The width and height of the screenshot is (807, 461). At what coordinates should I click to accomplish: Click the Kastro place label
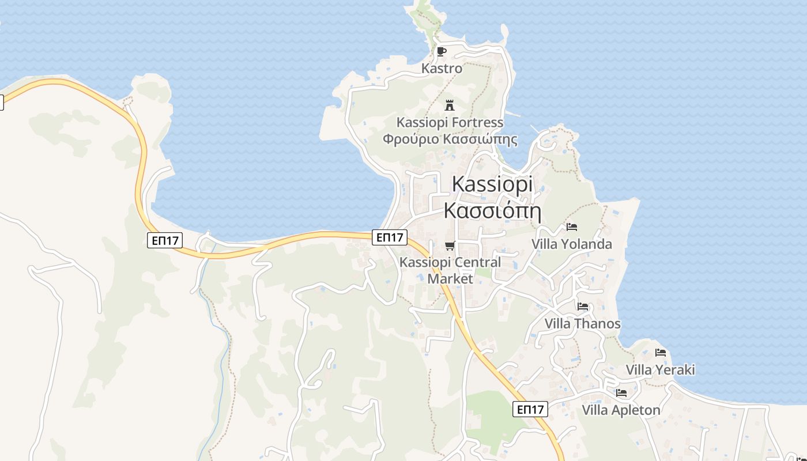pos(442,69)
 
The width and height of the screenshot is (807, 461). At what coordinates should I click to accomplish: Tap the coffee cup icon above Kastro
pos(442,51)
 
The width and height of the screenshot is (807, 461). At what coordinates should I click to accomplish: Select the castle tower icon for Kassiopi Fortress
pos(450,105)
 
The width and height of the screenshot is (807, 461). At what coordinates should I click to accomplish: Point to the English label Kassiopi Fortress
pos(450,123)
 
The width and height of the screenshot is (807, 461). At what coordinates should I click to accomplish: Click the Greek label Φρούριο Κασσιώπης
pos(450,139)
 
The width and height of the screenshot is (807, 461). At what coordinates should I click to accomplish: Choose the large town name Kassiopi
pos(492,184)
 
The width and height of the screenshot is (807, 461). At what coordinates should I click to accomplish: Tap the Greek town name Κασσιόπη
pos(492,210)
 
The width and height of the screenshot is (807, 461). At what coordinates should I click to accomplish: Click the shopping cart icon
pos(450,246)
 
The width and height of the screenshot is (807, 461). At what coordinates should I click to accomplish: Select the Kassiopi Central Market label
pos(450,270)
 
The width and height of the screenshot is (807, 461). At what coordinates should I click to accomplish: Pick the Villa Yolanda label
pos(571,244)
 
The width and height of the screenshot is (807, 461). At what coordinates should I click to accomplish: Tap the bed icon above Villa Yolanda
pos(571,227)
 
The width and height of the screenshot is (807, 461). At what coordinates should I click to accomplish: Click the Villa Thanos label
pos(583,324)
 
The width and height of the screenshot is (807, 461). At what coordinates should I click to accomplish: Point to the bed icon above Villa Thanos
pos(583,307)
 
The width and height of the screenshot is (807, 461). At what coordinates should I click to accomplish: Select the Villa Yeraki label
pos(661,370)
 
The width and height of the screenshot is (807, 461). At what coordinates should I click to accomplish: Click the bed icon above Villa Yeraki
pos(661,353)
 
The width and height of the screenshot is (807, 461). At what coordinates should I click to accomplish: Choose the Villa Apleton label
pos(621,410)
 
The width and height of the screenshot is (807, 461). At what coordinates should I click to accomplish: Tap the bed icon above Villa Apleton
pos(621,393)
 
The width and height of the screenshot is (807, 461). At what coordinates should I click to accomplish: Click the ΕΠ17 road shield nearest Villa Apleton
pos(530,410)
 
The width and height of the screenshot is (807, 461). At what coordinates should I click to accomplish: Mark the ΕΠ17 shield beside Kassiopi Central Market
pos(390,237)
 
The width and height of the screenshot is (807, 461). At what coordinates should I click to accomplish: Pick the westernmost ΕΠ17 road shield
pos(165,240)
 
